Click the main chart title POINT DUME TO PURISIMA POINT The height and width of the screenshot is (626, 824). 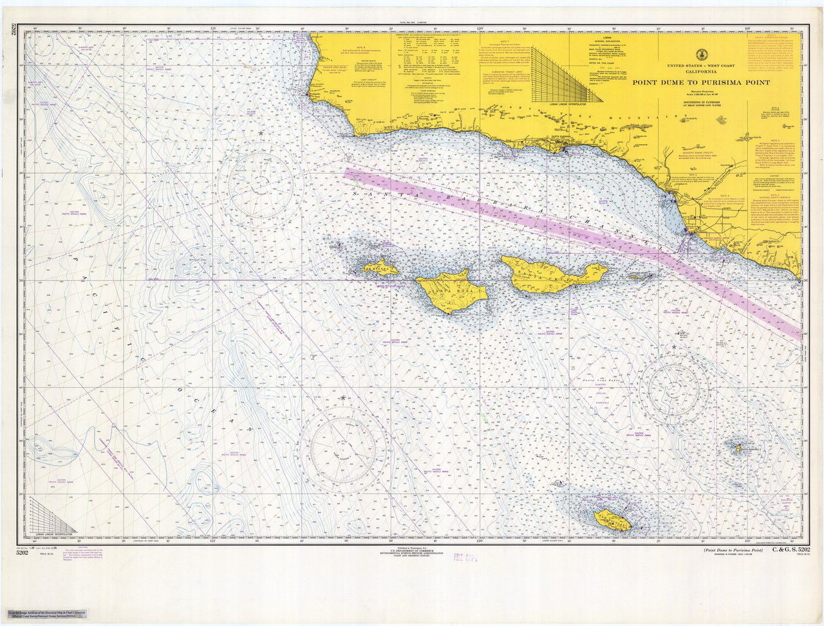tap(700, 82)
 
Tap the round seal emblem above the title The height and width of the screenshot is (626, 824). tap(700, 55)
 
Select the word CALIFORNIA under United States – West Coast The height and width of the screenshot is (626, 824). tap(700, 72)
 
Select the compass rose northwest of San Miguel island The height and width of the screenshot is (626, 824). tap(256, 183)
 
